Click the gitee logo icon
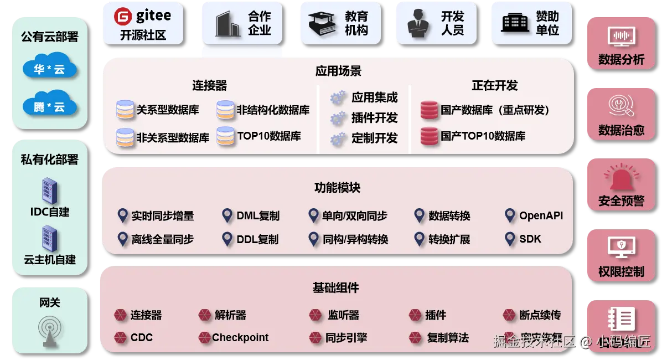coord(122,17)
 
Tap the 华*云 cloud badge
coord(49,69)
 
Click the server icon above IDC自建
coord(50,191)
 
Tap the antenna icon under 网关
coord(50,330)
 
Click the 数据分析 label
coord(621,60)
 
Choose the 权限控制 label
coord(621,271)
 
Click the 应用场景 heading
coord(338,71)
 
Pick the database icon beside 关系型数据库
coord(125,110)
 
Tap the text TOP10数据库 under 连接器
coord(269,136)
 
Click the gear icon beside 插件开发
coord(338,119)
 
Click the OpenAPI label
coord(541,215)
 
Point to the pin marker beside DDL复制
coord(227,239)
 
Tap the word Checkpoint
coord(240,337)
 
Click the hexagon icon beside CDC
coord(120,337)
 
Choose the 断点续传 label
coord(540,315)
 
